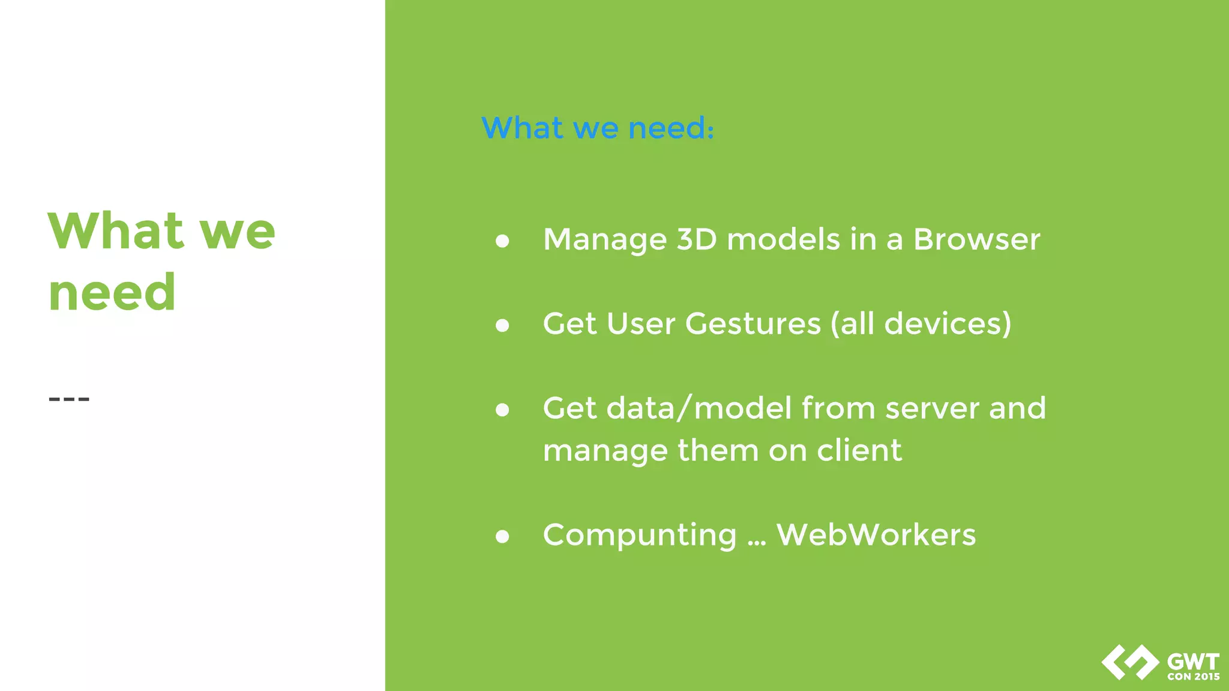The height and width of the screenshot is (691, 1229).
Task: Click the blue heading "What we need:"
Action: [x=598, y=128]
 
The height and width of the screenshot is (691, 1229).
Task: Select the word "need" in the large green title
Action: [x=112, y=293]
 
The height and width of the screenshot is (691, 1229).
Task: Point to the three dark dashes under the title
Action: [x=69, y=399]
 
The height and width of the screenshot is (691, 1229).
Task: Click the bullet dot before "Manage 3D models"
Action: [x=502, y=241]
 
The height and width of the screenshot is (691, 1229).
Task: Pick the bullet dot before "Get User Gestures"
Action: [x=502, y=325]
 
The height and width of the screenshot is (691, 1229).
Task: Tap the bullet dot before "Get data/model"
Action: [x=502, y=410]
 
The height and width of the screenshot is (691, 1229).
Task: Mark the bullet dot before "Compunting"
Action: [x=502, y=536]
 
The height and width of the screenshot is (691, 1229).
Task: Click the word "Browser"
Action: [x=976, y=239]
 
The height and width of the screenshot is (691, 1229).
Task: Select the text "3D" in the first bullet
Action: [x=697, y=239]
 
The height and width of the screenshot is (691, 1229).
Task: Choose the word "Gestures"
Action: [x=753, y=324]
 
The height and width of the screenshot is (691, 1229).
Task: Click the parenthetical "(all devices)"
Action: [x=921, y=324]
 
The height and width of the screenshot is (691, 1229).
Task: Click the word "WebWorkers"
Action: [x=876, y=534]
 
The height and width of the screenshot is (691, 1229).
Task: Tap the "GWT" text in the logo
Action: [x=1193, y=662]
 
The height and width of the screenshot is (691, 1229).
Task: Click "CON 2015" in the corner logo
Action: [x=1193, y=677]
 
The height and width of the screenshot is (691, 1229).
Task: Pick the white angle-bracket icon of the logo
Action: [x=1129, y=662]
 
